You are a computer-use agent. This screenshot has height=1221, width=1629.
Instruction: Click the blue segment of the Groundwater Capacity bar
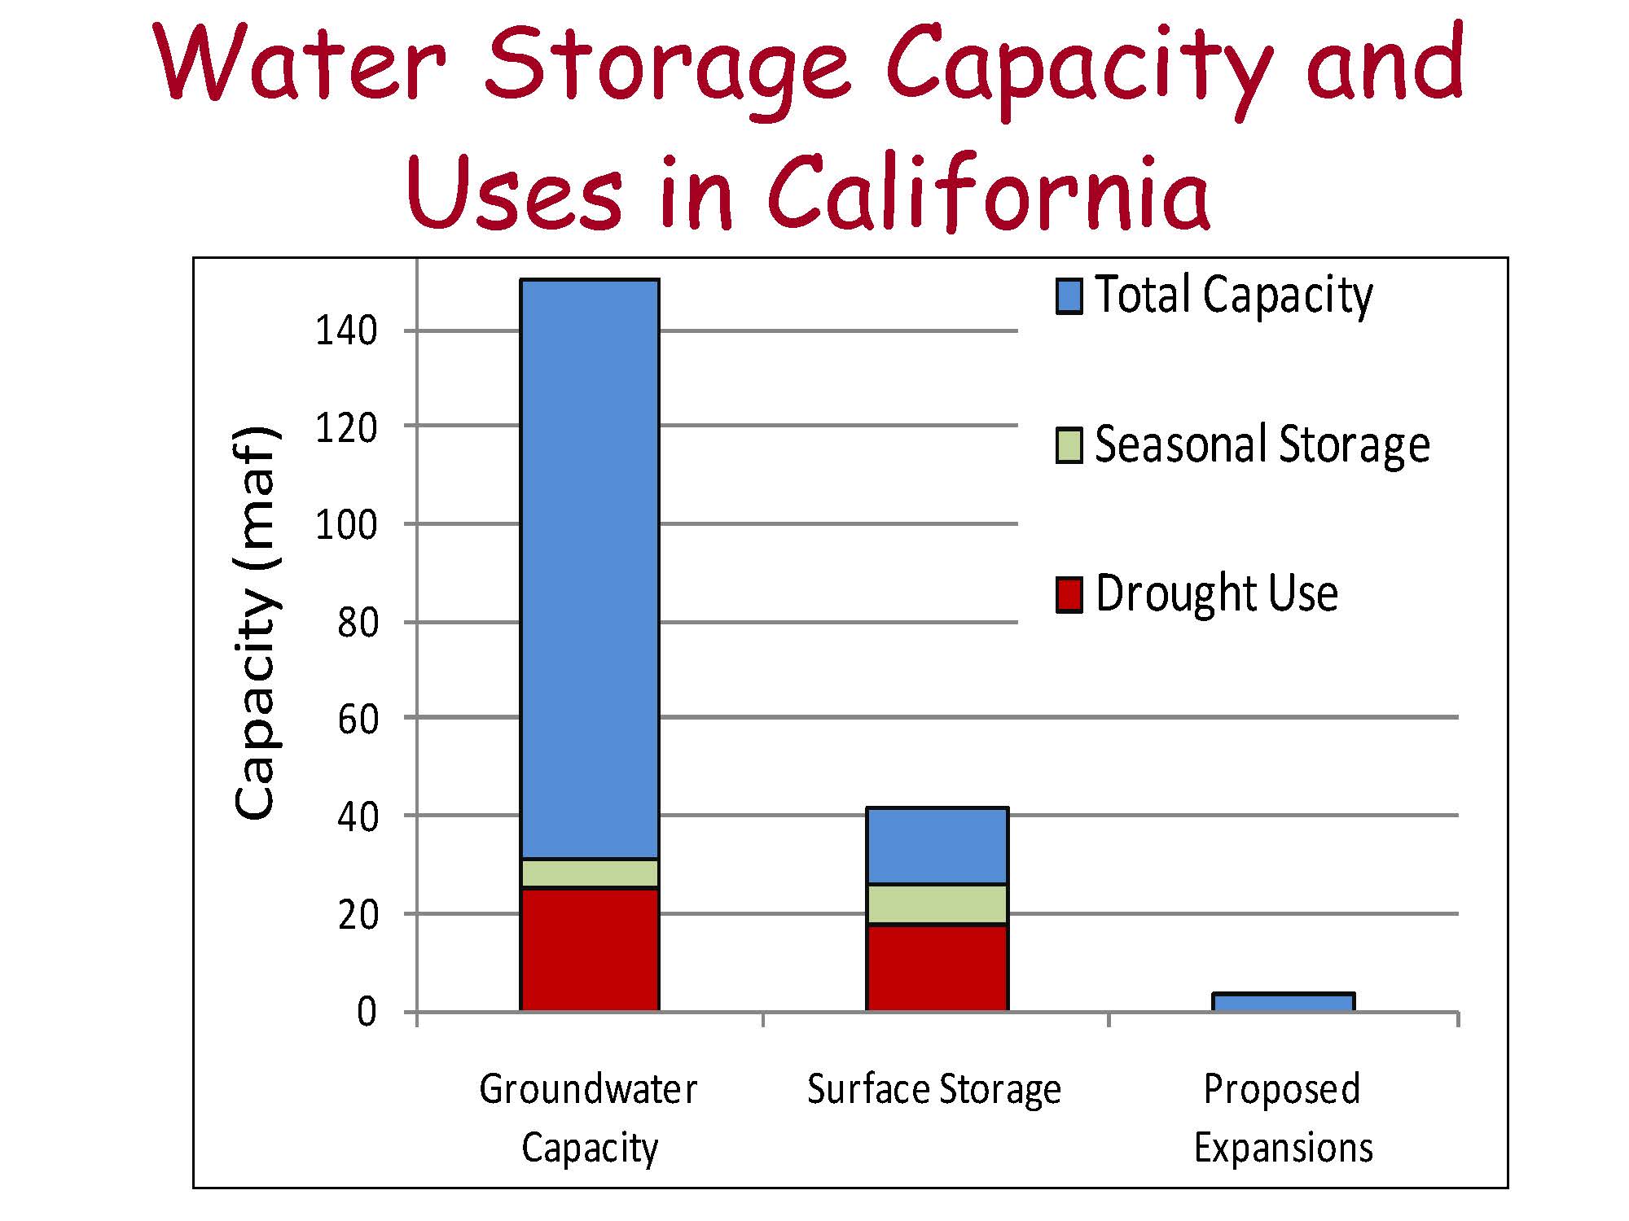pos(590,568)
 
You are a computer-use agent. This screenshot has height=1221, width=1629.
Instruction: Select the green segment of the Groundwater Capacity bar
pos(590,873)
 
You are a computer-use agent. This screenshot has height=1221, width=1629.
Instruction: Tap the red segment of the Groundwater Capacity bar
pos(590,950)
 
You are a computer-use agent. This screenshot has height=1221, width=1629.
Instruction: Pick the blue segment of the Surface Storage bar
pos(937,846)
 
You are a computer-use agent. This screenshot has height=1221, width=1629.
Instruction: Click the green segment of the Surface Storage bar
pos(937,904)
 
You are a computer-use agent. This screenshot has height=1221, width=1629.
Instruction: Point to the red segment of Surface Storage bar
pos(937,969)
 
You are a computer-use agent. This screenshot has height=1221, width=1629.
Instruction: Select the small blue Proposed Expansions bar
pos(1284,1002)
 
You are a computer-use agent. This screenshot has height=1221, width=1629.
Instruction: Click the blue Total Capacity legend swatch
pos(1069,296)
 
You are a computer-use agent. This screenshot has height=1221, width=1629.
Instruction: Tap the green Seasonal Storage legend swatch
pos(1069,445)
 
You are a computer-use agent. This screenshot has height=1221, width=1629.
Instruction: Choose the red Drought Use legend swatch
pos(1069,594)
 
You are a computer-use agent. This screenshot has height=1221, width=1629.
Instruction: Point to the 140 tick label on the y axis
pos(346,330)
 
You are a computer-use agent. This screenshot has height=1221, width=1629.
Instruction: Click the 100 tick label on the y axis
pos(346,525)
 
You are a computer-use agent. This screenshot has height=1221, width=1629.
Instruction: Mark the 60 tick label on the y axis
pos(358,719)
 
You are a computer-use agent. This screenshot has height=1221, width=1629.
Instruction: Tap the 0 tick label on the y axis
pos(367,1012)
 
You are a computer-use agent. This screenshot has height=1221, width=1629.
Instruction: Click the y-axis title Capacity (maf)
pos(257,623)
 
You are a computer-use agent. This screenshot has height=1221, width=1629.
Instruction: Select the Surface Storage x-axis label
pos(934,1089)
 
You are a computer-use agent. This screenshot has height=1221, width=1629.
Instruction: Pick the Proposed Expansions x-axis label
pos(1284,1118)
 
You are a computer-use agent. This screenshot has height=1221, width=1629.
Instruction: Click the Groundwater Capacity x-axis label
pos(589,1118)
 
